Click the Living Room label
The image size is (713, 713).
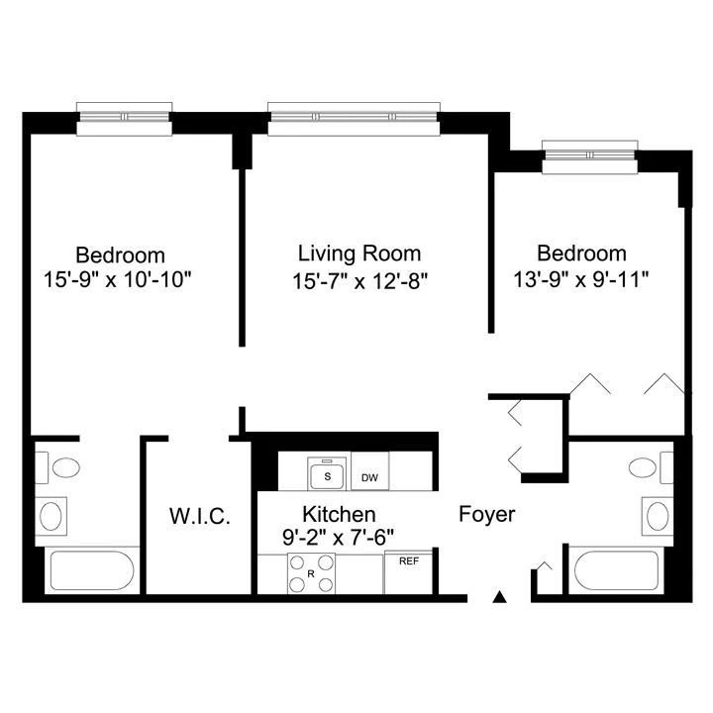359,254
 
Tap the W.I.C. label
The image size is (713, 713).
200,517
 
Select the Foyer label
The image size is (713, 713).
487,515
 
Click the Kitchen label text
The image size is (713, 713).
340,514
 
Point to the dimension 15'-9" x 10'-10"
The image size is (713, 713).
117,279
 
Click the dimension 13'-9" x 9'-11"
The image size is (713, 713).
580,278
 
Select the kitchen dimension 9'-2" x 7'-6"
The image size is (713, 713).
338,538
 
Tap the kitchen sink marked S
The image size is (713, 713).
327,473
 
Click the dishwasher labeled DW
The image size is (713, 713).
369,471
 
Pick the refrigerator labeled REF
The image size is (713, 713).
408,572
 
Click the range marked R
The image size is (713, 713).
311,573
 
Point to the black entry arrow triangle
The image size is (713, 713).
500,596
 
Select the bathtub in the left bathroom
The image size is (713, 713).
92,570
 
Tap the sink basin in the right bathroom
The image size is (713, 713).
658,516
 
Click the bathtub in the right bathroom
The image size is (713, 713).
616,570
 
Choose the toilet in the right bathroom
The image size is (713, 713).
651,467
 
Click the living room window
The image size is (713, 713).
354,119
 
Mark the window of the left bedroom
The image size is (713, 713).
124,119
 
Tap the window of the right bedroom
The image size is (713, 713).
590,156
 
